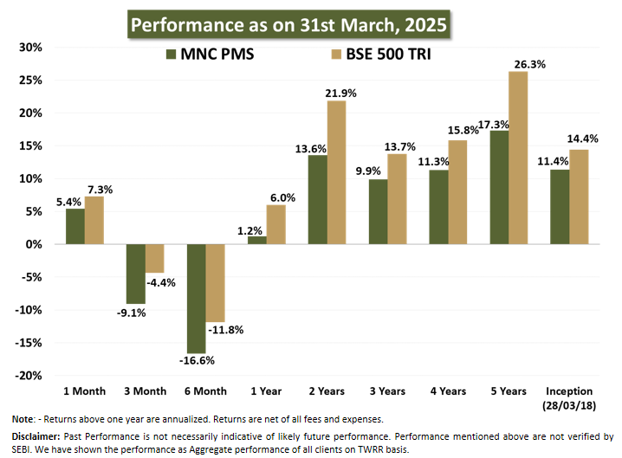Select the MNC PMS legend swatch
pyautogui.click(x=170, y=55)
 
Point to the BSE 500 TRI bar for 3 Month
pyautogui.click(x=155, y=259)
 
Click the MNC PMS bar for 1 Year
pyautogui.click(x=257, y=241)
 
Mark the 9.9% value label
pyautogui.click(x=367, y=171)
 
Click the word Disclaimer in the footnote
pyautogui.click(x=36, y=435)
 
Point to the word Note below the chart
pyautogui.click(x=23, y=419)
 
